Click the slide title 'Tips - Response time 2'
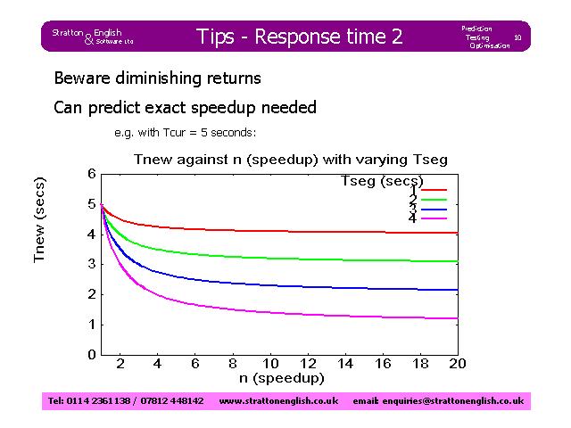click(x=299, y=37)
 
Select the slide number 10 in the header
click(x=517, y=37)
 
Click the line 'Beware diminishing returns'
click(x=157, y=78)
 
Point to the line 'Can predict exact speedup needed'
click(x=185, y=108)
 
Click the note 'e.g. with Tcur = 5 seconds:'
click(x=185, y=132)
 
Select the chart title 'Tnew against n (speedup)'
click(x=290, y=160)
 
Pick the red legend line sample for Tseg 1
click(x=434, y=190)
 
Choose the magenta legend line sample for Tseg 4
click(x=434, y=218)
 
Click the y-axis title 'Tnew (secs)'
click(x=39, y=219)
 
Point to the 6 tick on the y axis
click(x=91, y=173)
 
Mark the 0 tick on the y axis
click(x=91, y=354)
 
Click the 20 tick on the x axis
click(x=457, y=364)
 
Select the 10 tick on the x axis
click(x=269, y=364)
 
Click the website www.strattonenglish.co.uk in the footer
click(x=278, y=401)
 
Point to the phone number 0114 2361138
click(x=96, y=401)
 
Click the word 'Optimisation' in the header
click(x=489, y=45)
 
